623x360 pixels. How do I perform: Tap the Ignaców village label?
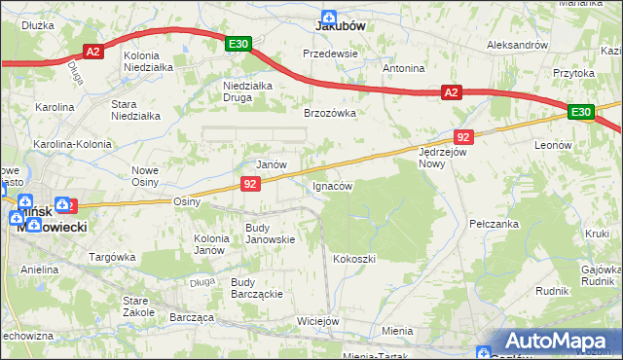click(331, 185)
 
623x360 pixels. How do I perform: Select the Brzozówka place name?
click(330, 113)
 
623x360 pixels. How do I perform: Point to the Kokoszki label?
click(353, 259)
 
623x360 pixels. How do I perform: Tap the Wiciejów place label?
click(317, 321)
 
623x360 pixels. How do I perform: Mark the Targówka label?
click(112, 258)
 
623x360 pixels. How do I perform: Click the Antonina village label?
click(403, 69)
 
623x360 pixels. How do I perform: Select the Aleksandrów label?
click(518, 46)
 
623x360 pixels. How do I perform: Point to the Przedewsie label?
click(331, 54)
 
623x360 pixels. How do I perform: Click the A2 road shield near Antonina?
click(450, 92)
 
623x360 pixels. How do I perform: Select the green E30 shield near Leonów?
click(581, 113)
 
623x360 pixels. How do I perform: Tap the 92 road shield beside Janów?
click(251, 183)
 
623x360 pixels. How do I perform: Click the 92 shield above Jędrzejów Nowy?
click(463, 137)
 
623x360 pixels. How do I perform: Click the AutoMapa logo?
click(557, 342)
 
